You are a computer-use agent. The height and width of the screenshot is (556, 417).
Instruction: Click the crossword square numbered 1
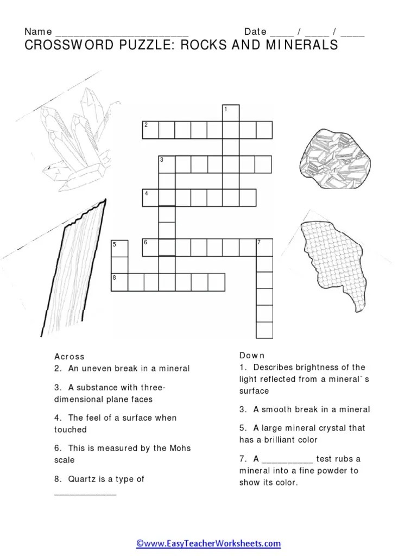(x=231, y=113)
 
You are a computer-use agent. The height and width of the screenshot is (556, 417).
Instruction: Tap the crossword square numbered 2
(x=150, y=130)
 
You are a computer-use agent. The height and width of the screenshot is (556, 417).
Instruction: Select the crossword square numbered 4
(x=150, y=198)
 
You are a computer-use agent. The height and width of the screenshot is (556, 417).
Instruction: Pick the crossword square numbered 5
(x=119, y=248)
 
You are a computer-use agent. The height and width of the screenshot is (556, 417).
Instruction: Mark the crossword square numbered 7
(x=264, y=248)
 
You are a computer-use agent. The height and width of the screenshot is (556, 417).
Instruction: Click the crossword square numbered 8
(x=119, y=282)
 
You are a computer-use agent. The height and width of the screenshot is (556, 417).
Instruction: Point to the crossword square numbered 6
(x=150, y=248)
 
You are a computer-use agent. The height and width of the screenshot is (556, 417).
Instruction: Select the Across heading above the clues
(x=69, y=356)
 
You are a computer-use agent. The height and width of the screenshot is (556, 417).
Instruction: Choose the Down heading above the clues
(x=252, y=355)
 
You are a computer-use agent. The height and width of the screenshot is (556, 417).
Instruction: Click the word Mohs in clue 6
(x=180, y=448)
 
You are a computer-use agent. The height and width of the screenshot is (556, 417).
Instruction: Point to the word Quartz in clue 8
(x=82, y=479)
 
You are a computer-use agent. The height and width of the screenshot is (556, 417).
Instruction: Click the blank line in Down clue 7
(x=288, y=462)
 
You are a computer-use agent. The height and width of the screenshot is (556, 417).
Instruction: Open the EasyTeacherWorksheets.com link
(x=208, y=543)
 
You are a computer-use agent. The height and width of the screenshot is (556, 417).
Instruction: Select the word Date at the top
(x=255, y=31)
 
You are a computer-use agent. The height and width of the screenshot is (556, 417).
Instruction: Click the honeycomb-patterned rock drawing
(x=332, y=266)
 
